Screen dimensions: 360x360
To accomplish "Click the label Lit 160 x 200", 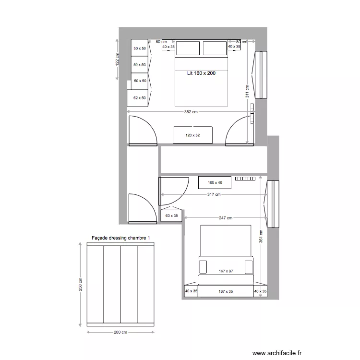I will [201, 73].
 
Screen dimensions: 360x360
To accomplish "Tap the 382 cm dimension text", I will [191, 112].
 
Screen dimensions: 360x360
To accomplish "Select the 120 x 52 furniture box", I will [192, 135].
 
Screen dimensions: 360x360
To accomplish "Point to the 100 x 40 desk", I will [215, 182].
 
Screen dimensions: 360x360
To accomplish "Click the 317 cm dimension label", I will [214, 194].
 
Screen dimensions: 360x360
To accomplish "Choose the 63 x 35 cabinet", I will [171, 216].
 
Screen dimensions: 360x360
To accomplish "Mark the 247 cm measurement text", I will [226, 218].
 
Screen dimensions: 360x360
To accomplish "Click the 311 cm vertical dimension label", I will [247, 91].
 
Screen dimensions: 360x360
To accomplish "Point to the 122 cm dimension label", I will [117, 60].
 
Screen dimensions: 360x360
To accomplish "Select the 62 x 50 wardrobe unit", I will [139, 97].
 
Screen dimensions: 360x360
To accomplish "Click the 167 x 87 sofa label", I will [225, 271].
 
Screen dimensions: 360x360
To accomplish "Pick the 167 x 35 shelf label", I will [225, 291].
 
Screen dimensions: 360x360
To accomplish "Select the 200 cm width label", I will [120, 332].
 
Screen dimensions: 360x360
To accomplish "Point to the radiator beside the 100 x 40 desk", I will [245, 179].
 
